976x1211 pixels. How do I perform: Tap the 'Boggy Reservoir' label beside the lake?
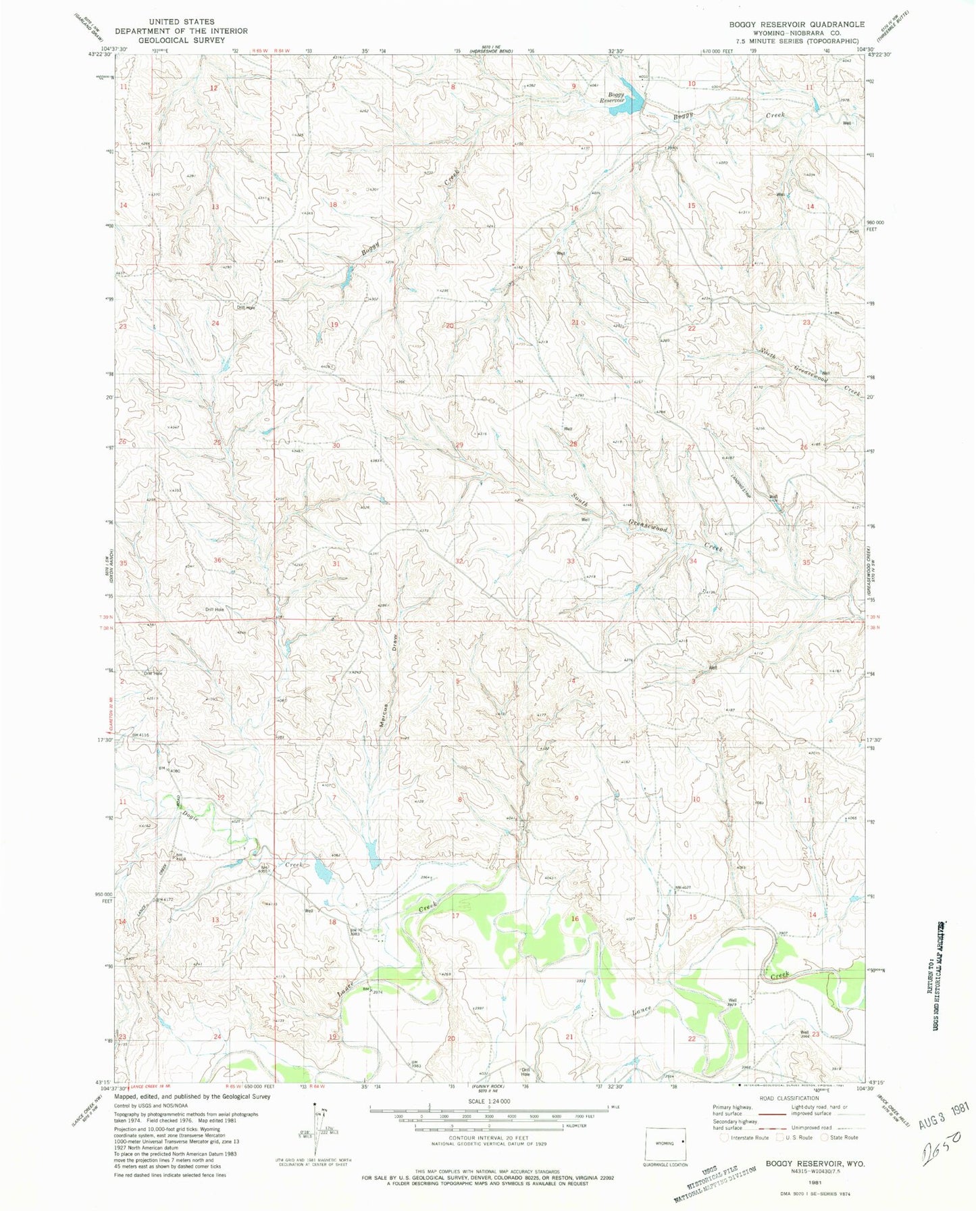[x=615, y=98]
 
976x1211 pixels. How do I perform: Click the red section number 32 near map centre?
[x=459, y=562]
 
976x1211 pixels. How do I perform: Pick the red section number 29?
[x=459, y=445]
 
